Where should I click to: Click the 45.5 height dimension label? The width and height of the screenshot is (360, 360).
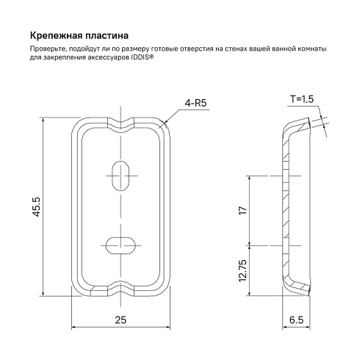point(37,207)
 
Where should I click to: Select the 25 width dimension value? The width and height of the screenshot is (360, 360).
point(120,320)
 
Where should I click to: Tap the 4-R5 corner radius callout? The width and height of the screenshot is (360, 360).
point(195,103)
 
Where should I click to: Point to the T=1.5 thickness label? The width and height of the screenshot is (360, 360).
point(302,99)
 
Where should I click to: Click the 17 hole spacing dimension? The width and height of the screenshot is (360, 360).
point(242,211)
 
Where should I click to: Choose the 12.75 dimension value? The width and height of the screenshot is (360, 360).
point(242,270)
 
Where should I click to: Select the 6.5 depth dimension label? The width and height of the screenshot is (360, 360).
point(296,320)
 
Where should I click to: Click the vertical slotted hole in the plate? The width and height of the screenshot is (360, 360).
point(120,176)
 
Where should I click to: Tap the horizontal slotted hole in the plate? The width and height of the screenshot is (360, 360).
point(120,245)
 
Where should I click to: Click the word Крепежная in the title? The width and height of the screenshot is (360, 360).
point(56,36)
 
